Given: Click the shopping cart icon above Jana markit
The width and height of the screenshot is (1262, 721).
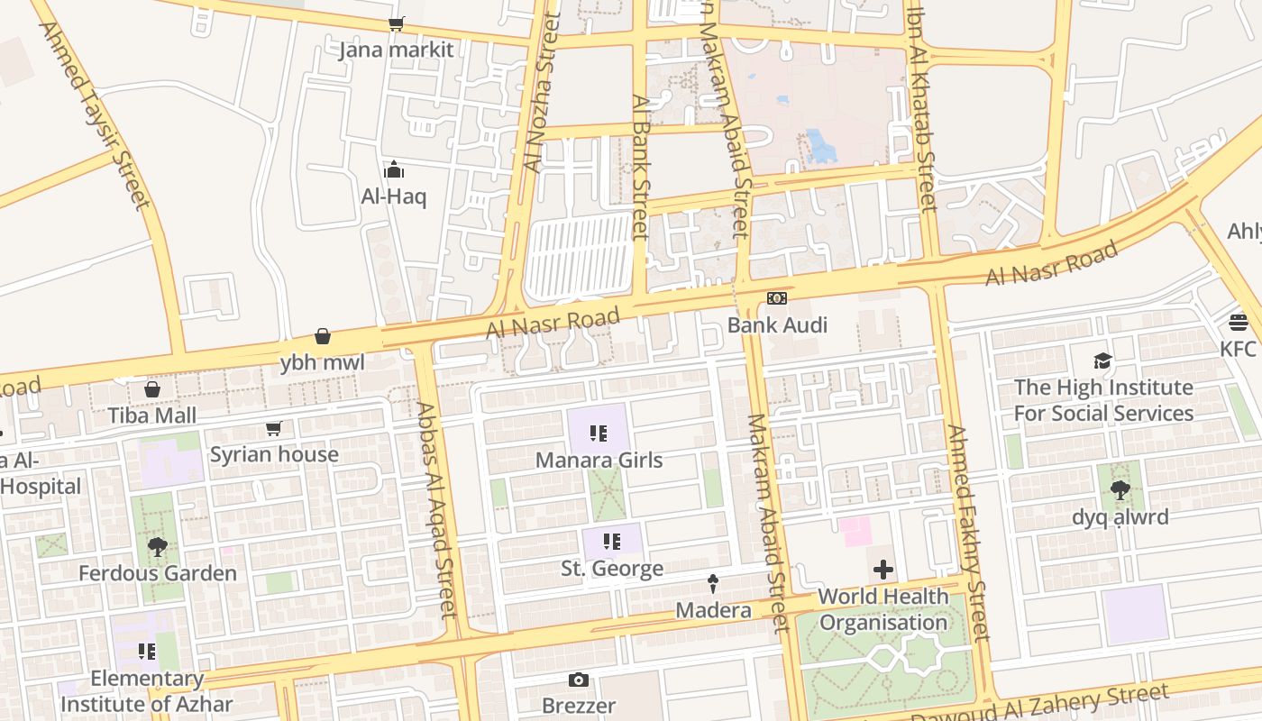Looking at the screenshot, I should (x=396, y=24).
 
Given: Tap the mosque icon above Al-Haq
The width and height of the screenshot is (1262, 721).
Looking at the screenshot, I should (x=394, y=169).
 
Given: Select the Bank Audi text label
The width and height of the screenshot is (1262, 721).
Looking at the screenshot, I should (x=777, y=324).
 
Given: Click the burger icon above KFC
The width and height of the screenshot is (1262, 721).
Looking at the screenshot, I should (x=1238, y=323).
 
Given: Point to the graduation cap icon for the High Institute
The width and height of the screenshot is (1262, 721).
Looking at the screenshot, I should (x=1102, y=361).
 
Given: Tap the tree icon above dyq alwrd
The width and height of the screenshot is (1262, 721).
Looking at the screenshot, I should (x=1120, y=490).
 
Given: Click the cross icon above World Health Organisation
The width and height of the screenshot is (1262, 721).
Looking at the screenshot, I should (x=883, y=570).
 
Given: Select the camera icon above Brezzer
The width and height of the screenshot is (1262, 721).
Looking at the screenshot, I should (x=579, y=680).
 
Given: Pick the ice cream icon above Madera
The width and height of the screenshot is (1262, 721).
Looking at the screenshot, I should (x=713, y=584).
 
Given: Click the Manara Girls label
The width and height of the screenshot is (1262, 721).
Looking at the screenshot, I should (x=599, y=461).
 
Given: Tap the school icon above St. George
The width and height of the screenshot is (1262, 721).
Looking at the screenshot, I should (x=612, y=542).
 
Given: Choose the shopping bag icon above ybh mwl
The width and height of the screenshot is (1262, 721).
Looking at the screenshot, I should (x=323, y=337).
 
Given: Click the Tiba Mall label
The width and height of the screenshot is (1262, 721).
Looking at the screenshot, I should (x=152, y=415).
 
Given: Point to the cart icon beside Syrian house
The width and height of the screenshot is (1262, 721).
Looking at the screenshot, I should (x=274, y=428).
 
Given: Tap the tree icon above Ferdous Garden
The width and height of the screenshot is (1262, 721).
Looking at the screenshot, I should (x=158, y=546).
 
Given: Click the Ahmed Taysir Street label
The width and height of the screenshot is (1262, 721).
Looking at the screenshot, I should (x=95, y=114).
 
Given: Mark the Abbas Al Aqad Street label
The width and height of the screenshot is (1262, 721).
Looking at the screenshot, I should (x=435, y=509).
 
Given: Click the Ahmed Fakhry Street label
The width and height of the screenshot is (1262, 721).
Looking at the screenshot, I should (x=969, y=532).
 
